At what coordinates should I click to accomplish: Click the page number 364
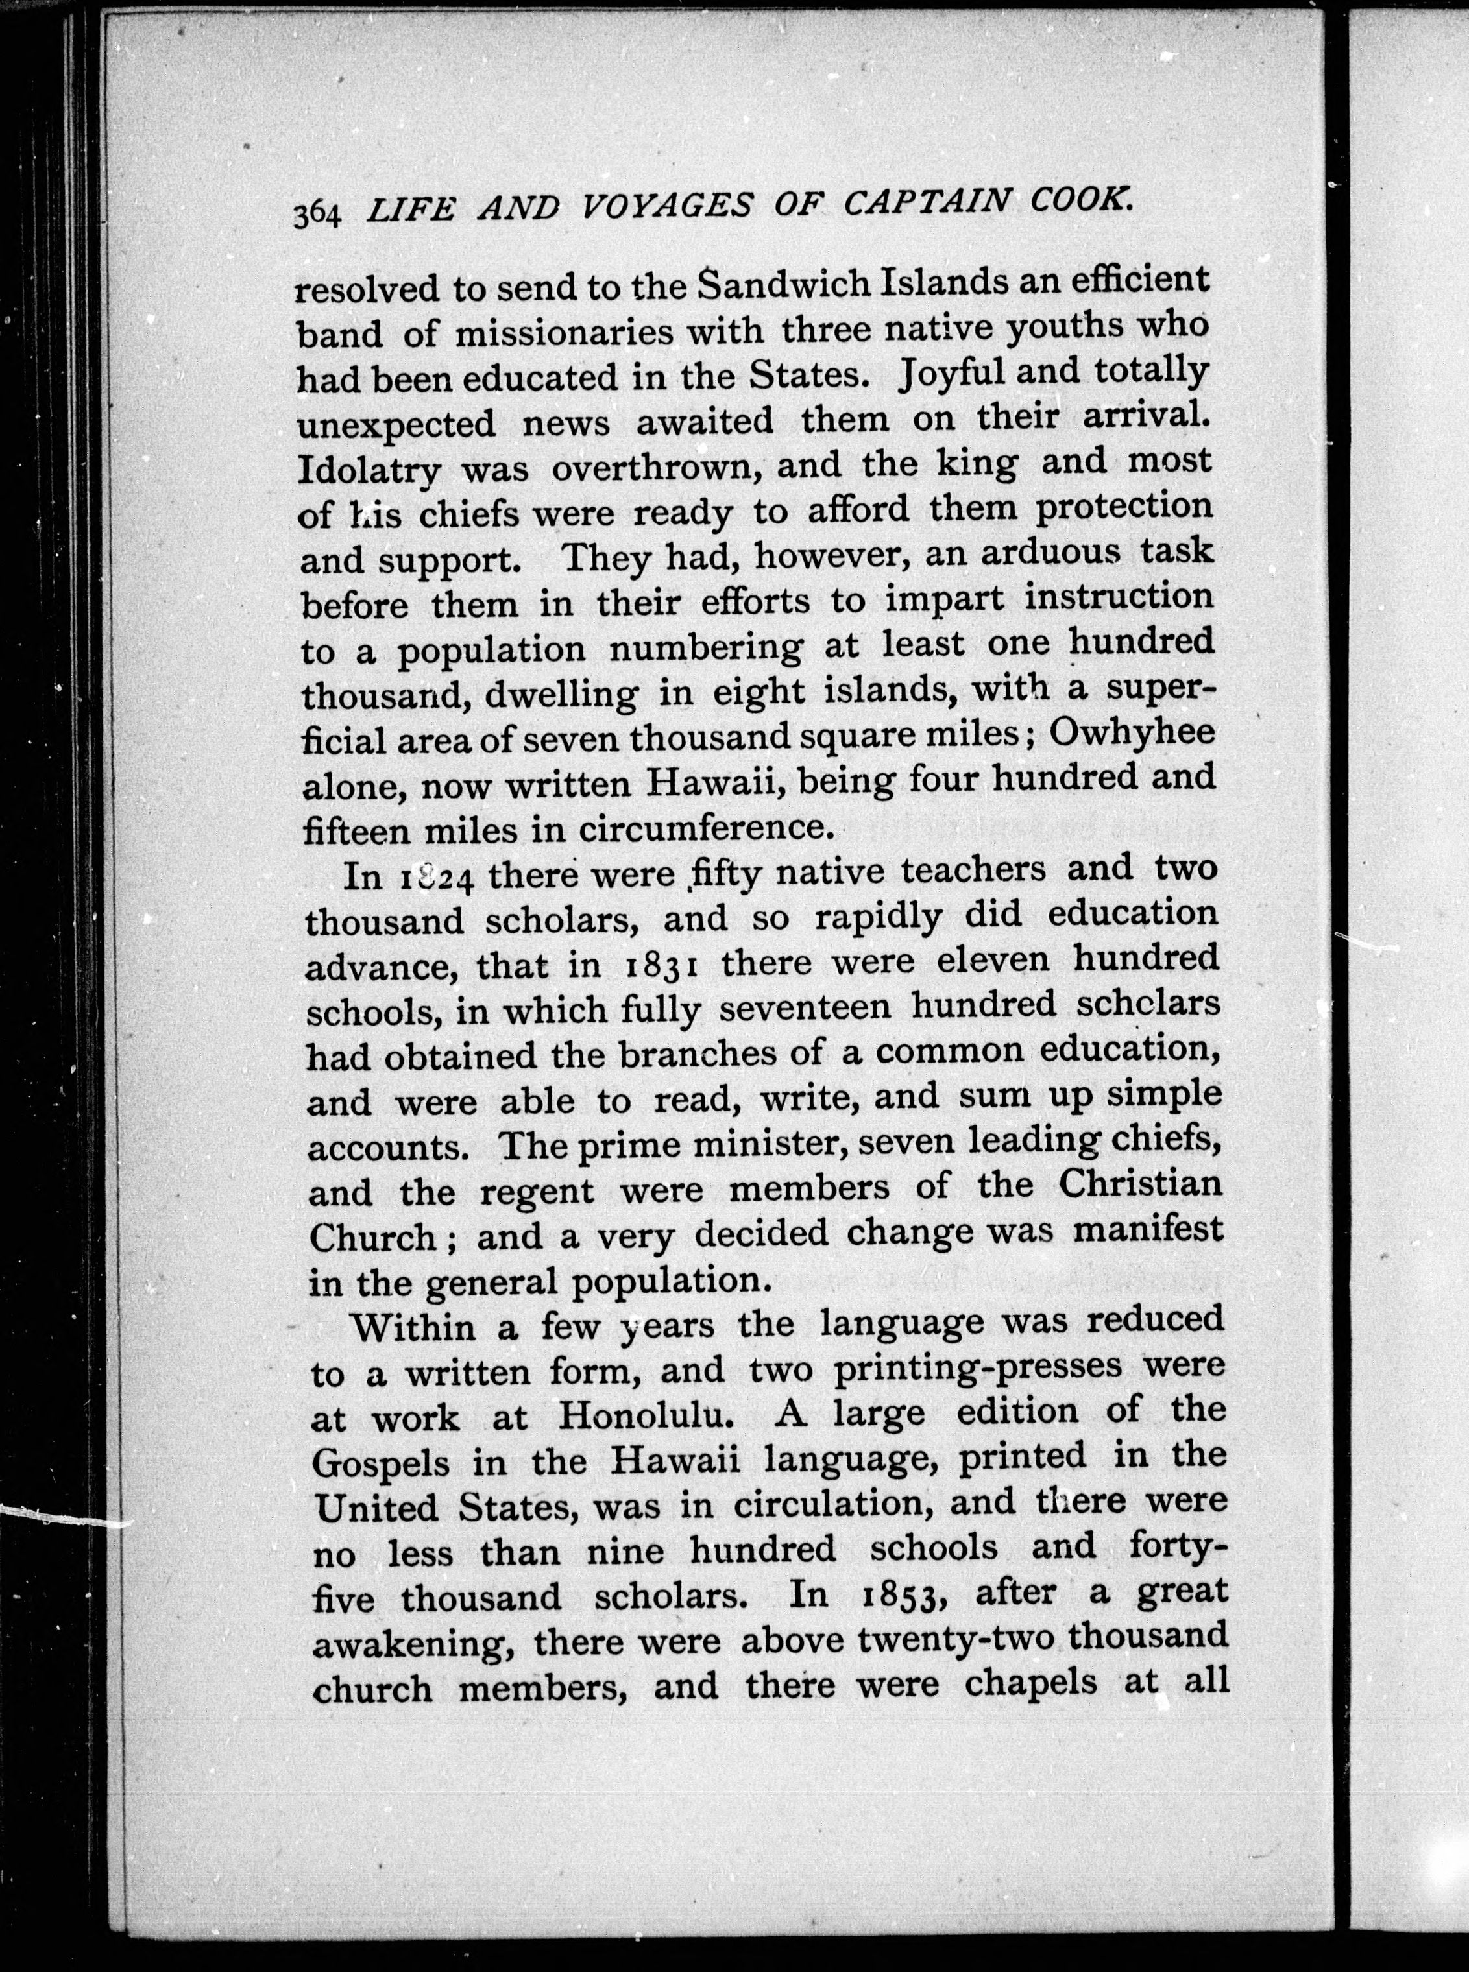tap(317, 213)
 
